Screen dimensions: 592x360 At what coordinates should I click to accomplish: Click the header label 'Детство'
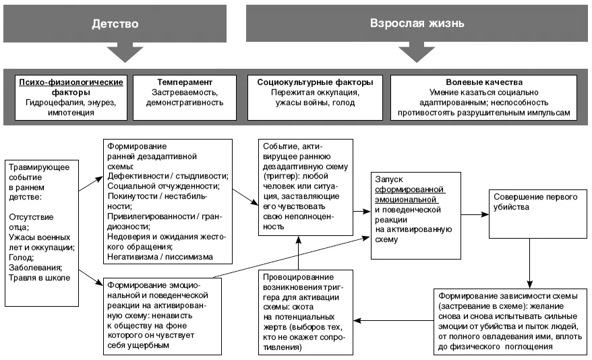[115, 24]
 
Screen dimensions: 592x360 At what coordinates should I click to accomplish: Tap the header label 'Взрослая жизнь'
[417, 23]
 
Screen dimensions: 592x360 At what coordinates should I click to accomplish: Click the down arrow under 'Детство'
[125, 52]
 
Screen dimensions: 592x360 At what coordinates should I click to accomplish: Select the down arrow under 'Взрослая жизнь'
[417, 52]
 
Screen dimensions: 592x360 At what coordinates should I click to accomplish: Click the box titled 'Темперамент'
[185, 98]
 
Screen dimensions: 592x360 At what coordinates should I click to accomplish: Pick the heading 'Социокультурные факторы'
[315, 82]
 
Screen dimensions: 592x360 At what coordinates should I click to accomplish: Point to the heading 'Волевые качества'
[484, 82]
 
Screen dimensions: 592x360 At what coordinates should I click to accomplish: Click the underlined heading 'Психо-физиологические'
[71, 82]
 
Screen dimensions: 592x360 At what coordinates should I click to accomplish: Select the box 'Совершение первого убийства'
[538, 214]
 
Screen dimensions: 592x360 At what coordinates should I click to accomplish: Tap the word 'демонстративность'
[185, 102]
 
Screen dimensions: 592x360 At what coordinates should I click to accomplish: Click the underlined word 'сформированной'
[409, 189]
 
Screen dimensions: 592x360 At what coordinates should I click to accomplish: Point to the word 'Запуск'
[388, 179]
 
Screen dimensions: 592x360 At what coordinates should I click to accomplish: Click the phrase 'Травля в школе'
[39, 278]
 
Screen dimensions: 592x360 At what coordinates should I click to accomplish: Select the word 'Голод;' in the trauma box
[21, 258]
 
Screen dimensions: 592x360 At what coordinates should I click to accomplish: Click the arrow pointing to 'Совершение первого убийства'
[475, 214]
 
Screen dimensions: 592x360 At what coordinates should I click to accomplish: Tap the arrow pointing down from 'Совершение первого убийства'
[530, 264]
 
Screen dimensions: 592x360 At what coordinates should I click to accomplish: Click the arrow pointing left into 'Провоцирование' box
[393, 321]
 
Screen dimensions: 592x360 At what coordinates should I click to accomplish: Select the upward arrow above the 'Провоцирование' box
[298, 253]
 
